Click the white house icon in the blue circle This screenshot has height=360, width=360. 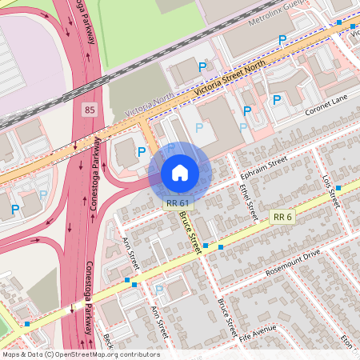180,172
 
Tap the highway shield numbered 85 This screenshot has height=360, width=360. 88,107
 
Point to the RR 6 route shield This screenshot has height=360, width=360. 282,217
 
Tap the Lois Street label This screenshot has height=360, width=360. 329,193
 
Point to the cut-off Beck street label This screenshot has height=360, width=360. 108,342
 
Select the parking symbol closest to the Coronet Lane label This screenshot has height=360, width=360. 277,100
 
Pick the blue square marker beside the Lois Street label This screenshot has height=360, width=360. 338,187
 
